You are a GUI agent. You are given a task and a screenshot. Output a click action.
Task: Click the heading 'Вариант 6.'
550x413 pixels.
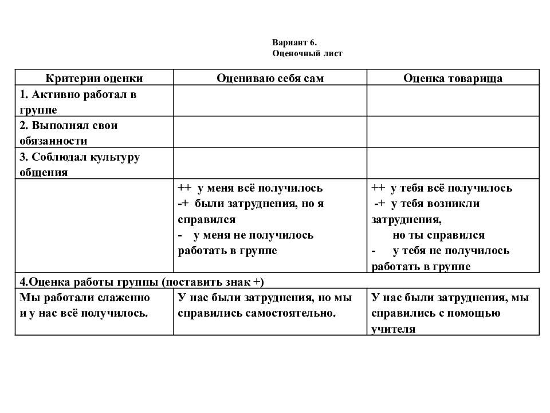point(294,42)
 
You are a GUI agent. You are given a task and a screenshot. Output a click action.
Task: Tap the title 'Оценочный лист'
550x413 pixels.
point(307,53)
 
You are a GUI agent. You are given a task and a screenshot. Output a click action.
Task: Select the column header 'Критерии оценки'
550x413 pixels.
point(94,79)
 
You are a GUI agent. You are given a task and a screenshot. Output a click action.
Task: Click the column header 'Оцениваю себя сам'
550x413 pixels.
point(270,79)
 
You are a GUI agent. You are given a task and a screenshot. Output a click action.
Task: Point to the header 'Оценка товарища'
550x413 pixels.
point(453,79)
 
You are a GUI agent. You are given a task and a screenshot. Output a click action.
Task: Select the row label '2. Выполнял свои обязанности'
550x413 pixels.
point(69,133)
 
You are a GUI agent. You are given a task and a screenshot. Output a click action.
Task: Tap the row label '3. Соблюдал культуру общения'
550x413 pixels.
point(80,164)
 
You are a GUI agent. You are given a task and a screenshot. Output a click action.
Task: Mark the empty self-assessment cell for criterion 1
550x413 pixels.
point(270,101)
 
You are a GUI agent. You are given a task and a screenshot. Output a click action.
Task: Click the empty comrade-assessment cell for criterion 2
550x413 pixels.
point(453,133)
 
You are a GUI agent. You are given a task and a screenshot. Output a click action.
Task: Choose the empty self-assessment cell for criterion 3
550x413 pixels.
point(270,164)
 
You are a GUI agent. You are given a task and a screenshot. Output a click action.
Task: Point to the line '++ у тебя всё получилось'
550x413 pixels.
point(442,188)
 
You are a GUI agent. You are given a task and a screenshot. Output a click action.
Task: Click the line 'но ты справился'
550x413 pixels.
point(439,235)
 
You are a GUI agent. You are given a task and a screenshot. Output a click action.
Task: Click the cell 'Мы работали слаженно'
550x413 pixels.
point(85,298)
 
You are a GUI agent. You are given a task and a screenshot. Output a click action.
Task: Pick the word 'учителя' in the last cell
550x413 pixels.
point(393,329)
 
